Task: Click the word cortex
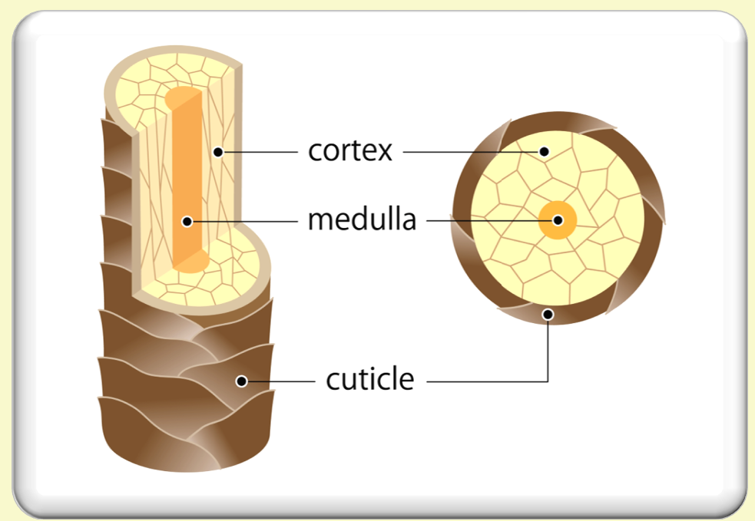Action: pos(349,151)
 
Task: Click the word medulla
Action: pos(361,220)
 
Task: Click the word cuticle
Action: pos(369,379)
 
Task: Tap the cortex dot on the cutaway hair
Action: pos(218,152)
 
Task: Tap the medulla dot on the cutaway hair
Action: pos(187,222)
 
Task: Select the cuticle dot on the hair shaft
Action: pos(241,381)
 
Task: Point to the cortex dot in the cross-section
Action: pos(544,151)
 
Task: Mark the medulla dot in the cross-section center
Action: pos(558,221)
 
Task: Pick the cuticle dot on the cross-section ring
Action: pos(548,313)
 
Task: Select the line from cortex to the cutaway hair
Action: pos(261,152)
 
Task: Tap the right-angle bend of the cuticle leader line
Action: pos(548,380)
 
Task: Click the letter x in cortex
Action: pos(383,152)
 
